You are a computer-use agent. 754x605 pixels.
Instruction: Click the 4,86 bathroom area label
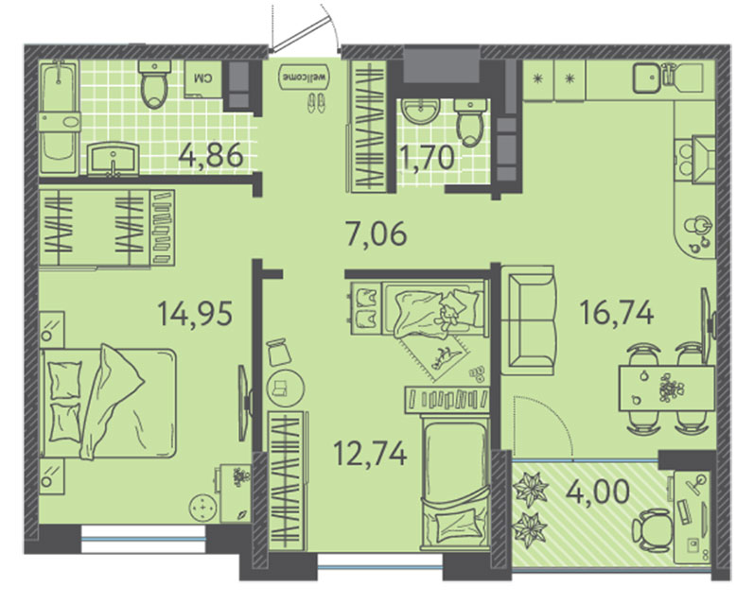click(x=210, y=155)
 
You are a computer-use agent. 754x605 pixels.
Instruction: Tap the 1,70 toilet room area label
click(x=428, y=158)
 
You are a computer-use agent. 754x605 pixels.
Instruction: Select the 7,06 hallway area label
click(x=376, y=234)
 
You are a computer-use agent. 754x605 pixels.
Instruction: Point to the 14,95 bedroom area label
click(x=195, y=313)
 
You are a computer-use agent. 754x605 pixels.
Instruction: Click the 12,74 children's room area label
click(x=370, y=454)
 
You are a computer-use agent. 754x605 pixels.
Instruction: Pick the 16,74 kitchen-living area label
click(x=617, y=312)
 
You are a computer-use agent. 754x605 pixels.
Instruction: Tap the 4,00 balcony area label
click(x=598, y=492)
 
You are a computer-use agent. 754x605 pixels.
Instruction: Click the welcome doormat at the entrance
click(x=305, y=77)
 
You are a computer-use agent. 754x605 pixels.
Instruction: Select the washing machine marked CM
click(x=202, y=78)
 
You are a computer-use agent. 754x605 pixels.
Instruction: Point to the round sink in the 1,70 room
click(x=421, y=111)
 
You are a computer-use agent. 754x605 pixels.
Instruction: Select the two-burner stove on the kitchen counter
click(x=694, y=160)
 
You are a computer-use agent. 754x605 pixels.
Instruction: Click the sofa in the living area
click(x=528, y=320)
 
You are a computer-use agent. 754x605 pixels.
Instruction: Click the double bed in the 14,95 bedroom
click(x=109, y=403)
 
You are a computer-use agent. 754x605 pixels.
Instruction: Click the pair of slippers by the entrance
click(x=316, y=103)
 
